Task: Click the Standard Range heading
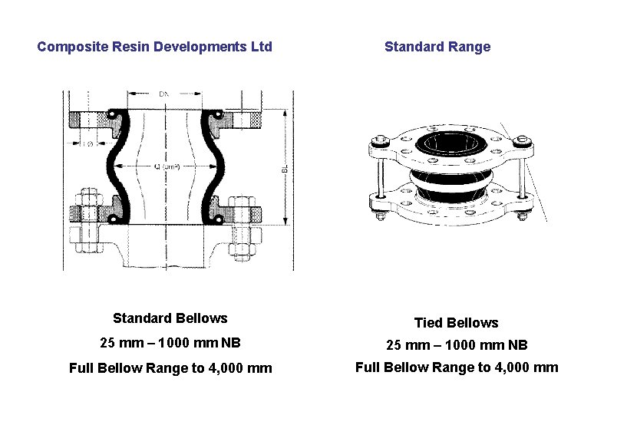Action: [x=437, y=47]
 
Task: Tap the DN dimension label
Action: [x=164, y=94]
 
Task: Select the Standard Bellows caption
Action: [x=170, y=318]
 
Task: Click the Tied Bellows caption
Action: [x=456, y=323]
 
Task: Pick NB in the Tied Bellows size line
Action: [x=516, y=345]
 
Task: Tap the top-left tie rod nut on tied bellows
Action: [x=377, y=142]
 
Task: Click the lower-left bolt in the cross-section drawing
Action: [x=86, y=219]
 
